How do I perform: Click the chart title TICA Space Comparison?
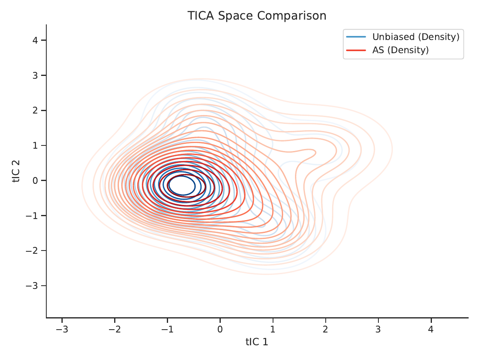(257, 16)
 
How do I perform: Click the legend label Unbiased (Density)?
(416, 37)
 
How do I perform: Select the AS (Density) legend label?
(400, 50)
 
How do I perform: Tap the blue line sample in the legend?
(356, 37)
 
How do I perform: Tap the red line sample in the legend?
(356, 50)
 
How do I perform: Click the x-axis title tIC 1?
(257, 342)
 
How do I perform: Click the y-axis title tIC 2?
(16, 171)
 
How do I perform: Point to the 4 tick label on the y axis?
(35, 40)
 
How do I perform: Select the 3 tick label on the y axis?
(35, 76)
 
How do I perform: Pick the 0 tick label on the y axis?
(35, 181)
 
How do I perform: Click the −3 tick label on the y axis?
(32, 286)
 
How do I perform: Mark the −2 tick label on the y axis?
(32, 251)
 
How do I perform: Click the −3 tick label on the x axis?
(62, 329)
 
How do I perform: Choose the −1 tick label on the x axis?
(167, 329)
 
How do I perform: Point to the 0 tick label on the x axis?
(220, 329)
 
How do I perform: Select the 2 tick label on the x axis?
(326, 329)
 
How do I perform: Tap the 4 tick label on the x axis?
(431, 329)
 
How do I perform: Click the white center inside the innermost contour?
(182, 185)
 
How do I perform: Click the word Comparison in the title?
(292, 16)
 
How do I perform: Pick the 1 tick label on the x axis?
(273, 329)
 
